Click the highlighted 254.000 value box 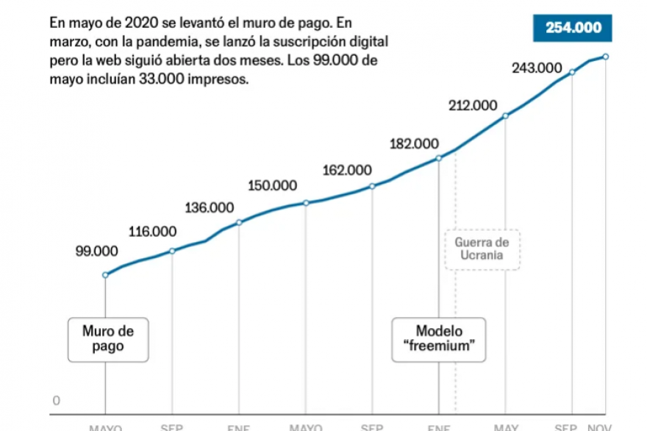[x=573, y=29]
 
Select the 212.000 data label [x=473, y=104]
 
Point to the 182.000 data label [x=414, y=143]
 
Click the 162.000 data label [x=347, y=171]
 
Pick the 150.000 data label [x=273, y=185]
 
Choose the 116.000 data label [x=152, y=232]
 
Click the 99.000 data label [x=96, y=251]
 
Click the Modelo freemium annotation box [x=440, y=338]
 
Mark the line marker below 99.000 [x=105, y=275]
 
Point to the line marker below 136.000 [x=239, y=222]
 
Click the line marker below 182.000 [x=439, y=158]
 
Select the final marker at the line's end [x=606, y=57]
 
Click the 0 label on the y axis [x=56, y=401]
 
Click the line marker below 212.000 [x=506, y=115]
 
